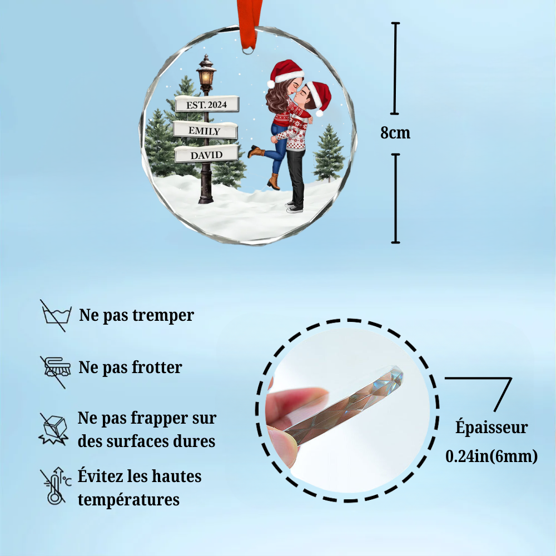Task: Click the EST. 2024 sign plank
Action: pos(207,104)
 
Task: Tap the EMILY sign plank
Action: pos(205,131)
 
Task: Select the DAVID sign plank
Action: pos(206,155)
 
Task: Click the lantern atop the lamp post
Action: pos(206,75)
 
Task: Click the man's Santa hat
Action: pos(320,96)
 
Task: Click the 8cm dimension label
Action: pos(395,133)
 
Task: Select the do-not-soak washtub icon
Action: pos(55,315)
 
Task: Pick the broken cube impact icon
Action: pos(53,429)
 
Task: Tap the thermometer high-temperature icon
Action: pos(54,487)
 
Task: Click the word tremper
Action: pos(163,316)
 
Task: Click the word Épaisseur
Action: pos(492,428)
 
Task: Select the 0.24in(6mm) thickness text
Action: pos(492,456)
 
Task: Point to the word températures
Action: pos(128,499)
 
